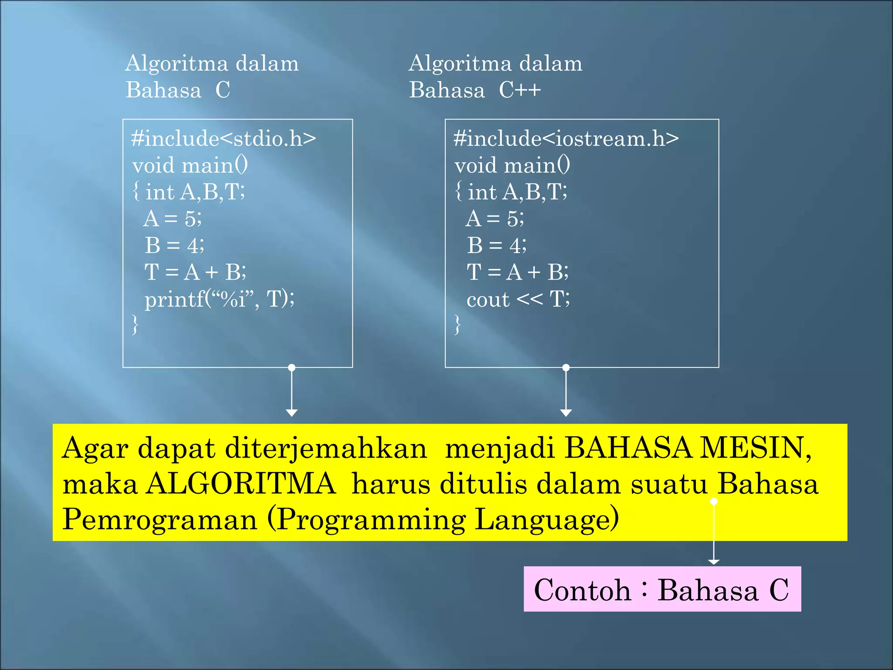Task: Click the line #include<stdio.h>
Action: [x=223, y=139]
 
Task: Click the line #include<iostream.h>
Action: [x=566, y=139]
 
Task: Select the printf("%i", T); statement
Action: [x=219, y=299]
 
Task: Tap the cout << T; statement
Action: [x=518, y=299]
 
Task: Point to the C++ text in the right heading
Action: [x=520, y=90]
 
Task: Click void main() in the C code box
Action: [x=190, y=166]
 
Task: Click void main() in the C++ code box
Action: [x=512, y=166]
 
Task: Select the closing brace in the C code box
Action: [x=136, y=325]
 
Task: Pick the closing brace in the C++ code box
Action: [x=457, y=325]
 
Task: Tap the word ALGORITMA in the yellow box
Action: [x=241, y=484]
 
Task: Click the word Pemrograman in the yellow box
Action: [x=160, y=520]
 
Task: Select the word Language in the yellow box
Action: [x=546, y=520]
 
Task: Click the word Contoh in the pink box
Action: [x=583, y=590]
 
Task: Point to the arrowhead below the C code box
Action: [x=292, y=413]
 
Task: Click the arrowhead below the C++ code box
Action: [x=566, y=413]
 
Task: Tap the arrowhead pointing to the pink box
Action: [x=714, y=561]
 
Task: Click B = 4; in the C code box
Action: [x=174, y=246]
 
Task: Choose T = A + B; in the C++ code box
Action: [x=518, y=272]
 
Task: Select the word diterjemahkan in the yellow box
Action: [x=326, y=448]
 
